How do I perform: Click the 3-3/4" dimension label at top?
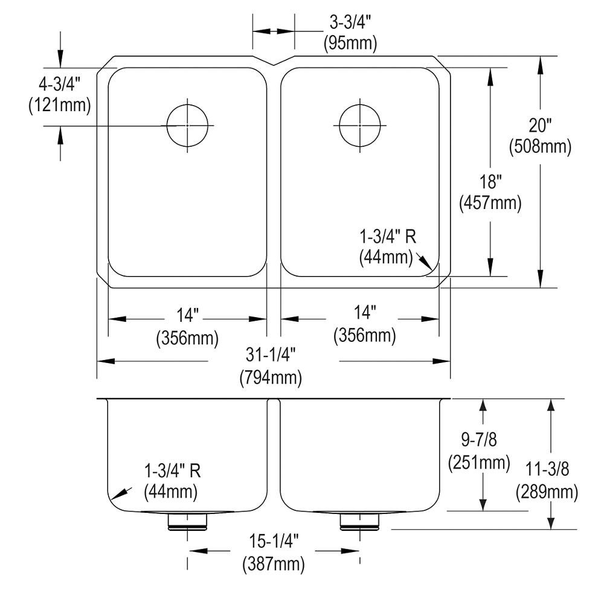coord(350,23)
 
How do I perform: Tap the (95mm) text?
coord(350,43)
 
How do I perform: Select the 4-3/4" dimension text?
coord(60,84)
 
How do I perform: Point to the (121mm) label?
coord(60,104)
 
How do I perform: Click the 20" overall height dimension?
coord(540,125)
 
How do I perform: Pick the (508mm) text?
coord(540,146)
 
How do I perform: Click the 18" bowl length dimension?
coord(490,182)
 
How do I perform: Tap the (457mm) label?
coord(490,203)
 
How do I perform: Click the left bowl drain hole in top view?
coord(188,126)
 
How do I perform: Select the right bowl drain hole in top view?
coord(360,126)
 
